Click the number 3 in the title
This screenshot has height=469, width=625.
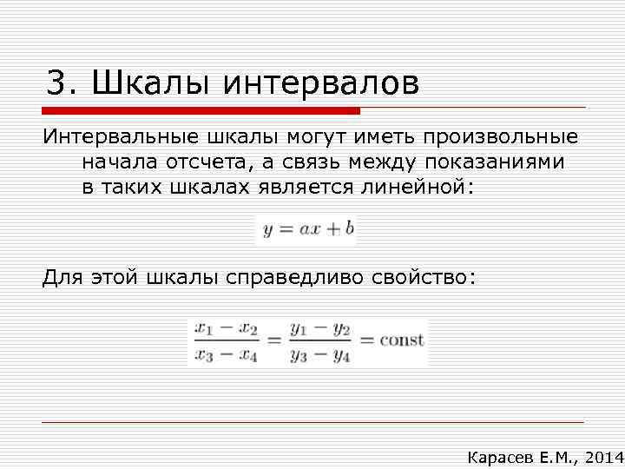point(56,84)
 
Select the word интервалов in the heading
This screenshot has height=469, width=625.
point(321,84)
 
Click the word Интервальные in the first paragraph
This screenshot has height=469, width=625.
point(121,138)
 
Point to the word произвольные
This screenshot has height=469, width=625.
point(501,138)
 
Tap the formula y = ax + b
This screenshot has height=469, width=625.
point(308,230)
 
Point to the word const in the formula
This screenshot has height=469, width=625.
point(402,340)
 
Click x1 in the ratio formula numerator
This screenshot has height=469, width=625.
point(205,329)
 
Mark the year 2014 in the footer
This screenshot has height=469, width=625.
point(603,457)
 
